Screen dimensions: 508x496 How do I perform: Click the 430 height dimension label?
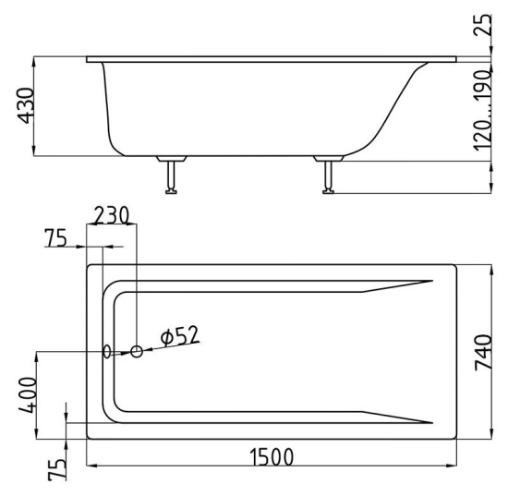coord(26,105)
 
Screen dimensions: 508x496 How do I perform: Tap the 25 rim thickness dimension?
coord(482,25)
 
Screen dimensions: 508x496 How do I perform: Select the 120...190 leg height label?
coord(482,111)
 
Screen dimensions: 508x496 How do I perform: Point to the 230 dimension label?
coord(112,215)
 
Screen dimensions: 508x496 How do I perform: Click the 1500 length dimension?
coord(272,457)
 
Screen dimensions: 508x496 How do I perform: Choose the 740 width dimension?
coord(483,353)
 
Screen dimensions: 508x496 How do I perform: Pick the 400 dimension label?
coord(28,395)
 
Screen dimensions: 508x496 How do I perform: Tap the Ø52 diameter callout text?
coord(180,335)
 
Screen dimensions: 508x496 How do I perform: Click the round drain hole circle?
coord(137,351)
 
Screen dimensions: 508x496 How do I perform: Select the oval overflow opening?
coord(106,351)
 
